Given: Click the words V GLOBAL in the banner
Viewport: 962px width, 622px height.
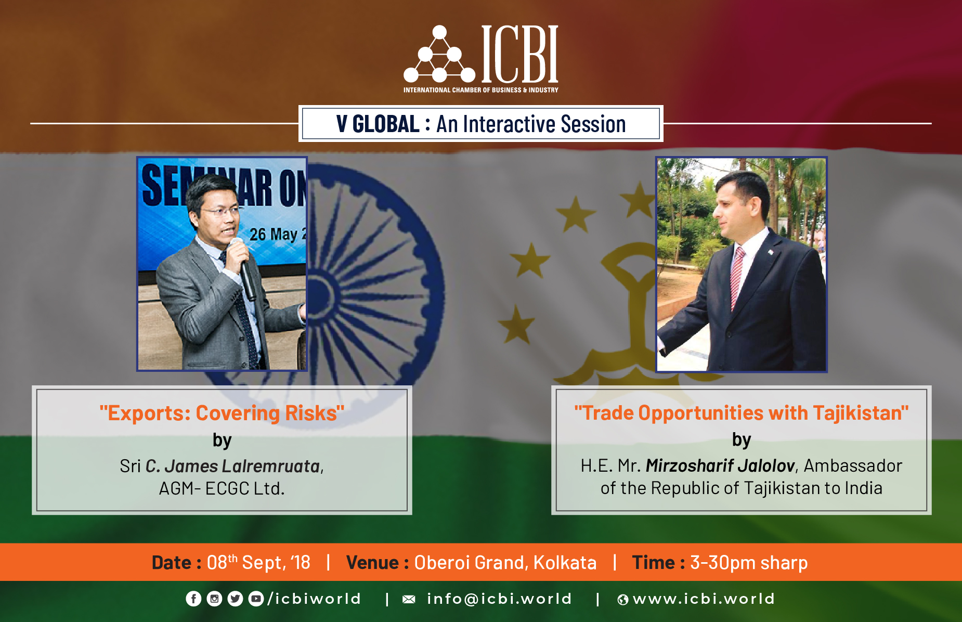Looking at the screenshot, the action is coord(378,124).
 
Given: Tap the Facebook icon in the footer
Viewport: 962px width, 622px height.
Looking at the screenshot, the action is coord(193,599).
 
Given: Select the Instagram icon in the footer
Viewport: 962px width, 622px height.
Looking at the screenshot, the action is coord(214,599).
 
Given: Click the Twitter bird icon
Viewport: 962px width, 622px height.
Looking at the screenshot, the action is coord(235,599).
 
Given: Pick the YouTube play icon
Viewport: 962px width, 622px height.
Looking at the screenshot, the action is coord(256,599).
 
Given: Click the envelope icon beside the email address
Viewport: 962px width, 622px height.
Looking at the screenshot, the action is coord(409,600).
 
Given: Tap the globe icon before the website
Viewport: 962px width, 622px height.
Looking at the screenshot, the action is coord(622,600).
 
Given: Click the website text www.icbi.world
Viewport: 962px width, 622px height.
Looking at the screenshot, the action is coord(704,599).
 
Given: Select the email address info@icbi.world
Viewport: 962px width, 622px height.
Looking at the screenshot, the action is coord(499,599).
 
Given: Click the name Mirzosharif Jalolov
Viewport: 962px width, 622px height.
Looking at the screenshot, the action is coord(720,465).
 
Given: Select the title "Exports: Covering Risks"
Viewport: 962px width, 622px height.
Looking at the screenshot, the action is coord(222,413).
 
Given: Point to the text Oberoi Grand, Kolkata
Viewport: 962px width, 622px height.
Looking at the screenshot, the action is coord(505,563).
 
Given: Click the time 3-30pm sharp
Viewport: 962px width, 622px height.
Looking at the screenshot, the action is coord(749,563).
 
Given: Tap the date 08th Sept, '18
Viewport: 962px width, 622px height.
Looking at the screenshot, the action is coord(258,562).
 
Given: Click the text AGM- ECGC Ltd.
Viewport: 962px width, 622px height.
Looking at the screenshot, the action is coord(222,488).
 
